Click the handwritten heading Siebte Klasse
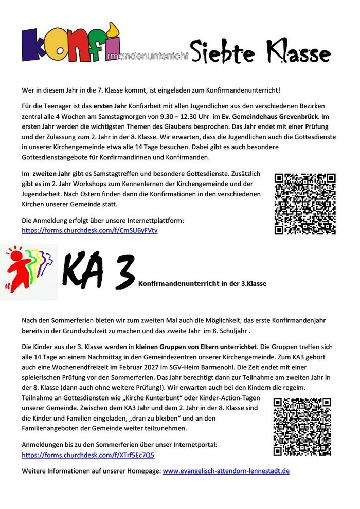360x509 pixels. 260,53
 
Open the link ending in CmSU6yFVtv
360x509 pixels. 89,230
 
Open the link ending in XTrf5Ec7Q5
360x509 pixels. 88,455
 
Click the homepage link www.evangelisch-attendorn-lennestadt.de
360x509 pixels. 226,470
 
